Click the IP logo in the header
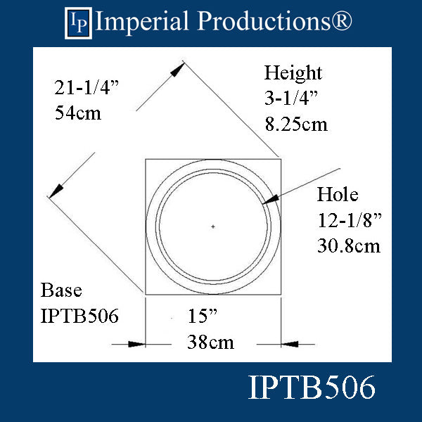pos(78,22)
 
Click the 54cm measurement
pos(78,113)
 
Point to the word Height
pos(293,73)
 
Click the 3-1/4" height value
pos(291,98)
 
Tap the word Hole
pos(338,195)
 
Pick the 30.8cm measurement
pos(348,245)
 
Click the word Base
pos(61,290)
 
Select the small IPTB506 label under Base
pos(79,316)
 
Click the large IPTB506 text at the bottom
pos(312,389)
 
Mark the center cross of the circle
pos(213,226)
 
